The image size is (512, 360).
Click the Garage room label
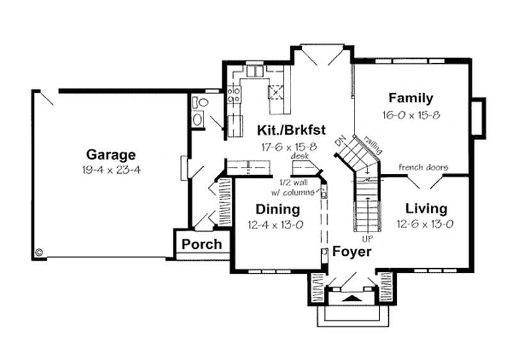tap(111, 154)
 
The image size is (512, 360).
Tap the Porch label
tap(202, 244)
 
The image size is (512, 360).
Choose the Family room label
tap(411, 98)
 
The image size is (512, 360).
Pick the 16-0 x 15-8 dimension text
tap(412, 115)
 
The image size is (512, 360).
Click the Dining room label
tap(278, 209)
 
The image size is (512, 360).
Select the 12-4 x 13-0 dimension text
tap(278, 224)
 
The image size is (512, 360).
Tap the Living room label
tap(426, 209)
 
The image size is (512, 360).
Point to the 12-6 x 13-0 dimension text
tap(426, 224)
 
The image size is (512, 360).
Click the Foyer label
tap(351, 251)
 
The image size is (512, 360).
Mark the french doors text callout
tap(423, 168)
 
